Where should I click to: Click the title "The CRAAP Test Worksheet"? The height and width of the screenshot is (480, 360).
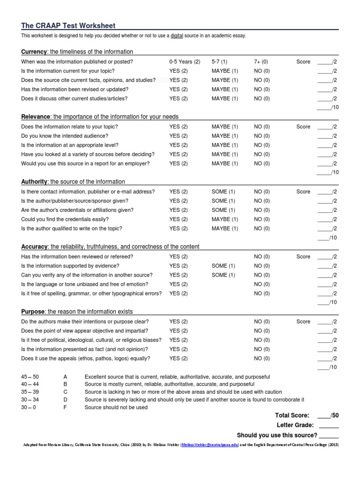68,26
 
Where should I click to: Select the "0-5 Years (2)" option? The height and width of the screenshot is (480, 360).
185,62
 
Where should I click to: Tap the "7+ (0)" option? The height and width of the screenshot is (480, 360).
262,62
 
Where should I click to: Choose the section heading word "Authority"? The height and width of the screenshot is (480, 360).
34,181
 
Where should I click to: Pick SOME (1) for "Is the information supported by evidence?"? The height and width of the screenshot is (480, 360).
223,266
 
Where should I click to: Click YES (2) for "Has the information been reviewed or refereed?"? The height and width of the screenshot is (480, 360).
178,257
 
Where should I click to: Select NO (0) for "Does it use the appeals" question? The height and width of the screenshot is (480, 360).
262,359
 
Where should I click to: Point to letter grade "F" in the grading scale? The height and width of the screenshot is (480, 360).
65,407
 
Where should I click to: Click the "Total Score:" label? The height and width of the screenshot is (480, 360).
292,415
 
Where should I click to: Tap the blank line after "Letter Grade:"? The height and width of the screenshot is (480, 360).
329,426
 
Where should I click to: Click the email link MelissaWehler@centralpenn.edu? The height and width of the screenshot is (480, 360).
210,444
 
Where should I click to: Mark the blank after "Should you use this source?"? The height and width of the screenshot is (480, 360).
329,435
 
